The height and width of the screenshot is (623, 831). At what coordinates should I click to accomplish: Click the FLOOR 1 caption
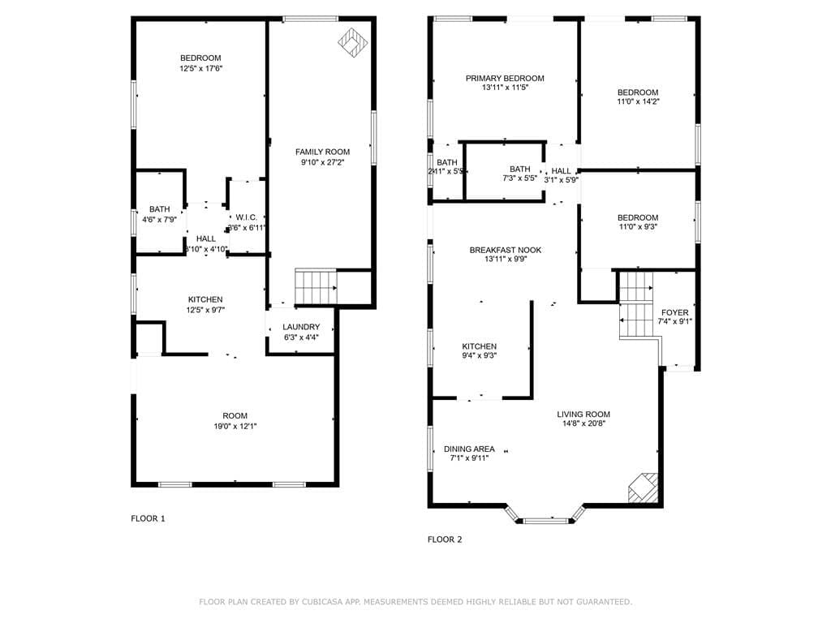[x=148, y=518]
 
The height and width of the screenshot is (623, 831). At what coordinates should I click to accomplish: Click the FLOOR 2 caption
[x=445, y=539]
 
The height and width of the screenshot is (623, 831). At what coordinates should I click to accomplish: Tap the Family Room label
[x=322, y=152]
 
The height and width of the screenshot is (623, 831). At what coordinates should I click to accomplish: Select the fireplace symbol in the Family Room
[x=351, y=41]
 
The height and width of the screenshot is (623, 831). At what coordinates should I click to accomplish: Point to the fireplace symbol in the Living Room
[x=644, y=488]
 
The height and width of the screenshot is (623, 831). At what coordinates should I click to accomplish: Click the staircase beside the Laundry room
[x=315, y=286]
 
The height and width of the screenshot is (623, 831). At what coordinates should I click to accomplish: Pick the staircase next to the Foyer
[x=636, y=304]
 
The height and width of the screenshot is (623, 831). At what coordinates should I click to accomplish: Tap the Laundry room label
[x=301, y=327]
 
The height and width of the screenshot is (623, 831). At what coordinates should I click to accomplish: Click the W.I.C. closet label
[x=247, y=217]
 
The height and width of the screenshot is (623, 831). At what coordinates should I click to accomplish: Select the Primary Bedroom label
[x=505, y=79]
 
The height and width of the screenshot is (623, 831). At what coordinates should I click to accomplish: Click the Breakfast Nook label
[x=505, y=251]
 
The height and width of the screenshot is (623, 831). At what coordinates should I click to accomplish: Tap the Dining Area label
[x=469, y=449]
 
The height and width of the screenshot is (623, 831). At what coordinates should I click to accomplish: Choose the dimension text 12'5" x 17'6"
[x=200, y=69]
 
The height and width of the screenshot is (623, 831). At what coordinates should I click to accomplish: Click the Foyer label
[x=674, y=312]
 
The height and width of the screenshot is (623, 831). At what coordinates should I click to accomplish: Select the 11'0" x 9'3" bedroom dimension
[x=637, y=228]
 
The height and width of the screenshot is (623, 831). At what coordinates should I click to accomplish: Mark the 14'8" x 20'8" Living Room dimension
[x=583, y=423]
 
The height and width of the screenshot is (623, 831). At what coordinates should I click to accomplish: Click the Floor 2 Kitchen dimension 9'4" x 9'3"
[x=479, y=355]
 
